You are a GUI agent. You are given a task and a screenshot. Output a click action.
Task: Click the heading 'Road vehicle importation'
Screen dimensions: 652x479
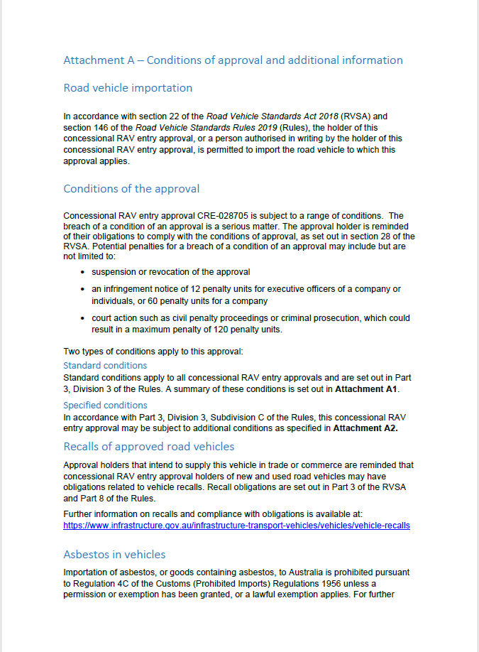point(128,88)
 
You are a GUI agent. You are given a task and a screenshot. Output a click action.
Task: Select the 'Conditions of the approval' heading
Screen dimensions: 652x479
point(131,189)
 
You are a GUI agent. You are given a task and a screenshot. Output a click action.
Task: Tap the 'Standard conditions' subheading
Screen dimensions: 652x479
point(105,366)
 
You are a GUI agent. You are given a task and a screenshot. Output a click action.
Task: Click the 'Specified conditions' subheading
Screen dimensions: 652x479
point(105,406)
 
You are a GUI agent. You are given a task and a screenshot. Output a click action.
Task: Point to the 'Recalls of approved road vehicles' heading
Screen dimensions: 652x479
point(148,447)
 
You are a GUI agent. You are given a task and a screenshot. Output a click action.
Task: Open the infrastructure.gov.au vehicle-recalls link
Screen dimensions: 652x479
point(236,526)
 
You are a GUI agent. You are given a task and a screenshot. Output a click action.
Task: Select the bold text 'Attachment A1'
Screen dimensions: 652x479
point(367,390)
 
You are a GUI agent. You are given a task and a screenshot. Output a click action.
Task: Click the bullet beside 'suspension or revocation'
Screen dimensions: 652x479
point(84,272)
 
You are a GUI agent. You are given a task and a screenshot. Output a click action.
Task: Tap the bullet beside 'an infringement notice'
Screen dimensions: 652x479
point(84,289)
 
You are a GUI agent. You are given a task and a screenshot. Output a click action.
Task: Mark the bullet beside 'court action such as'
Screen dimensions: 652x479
point(84,319)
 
